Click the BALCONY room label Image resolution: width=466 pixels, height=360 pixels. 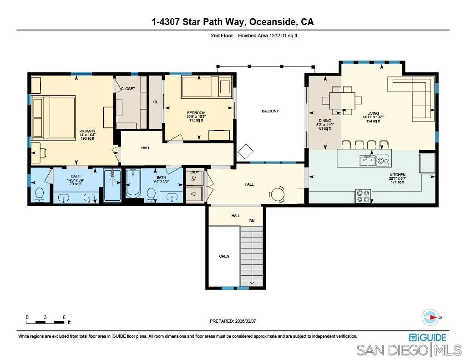270,111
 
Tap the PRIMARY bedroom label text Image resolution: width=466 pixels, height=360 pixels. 87,131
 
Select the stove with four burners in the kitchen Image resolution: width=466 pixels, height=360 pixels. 363,196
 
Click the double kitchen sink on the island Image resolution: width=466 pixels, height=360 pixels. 367,160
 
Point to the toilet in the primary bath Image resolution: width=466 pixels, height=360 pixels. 40,194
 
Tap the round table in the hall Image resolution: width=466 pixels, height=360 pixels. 277,194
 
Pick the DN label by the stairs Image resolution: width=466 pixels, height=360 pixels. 252,221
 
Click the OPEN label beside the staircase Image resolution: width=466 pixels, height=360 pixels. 224,256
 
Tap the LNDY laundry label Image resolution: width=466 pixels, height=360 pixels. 194,172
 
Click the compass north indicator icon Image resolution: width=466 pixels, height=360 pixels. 430,317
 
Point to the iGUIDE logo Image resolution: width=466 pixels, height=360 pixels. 428,337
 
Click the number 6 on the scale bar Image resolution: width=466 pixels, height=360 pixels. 64,317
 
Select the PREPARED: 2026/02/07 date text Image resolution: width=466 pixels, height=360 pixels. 233,321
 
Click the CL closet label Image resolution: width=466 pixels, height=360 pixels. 155,102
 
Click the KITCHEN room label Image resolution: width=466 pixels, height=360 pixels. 397,175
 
